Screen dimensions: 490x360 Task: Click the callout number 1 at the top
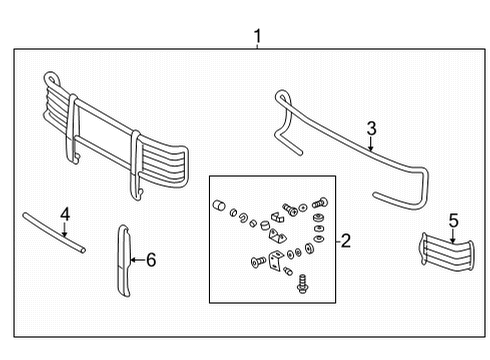(257, 36)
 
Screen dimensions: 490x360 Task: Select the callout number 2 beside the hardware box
(346, 241)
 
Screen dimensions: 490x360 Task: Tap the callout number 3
(372, 129)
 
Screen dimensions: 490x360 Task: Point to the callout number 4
(65, 214)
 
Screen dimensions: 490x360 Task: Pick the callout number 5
(453, 221)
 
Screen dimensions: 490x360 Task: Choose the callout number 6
(151, 260)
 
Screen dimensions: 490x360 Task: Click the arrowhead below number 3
(371, 148)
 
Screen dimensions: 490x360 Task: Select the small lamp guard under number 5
(447, 252)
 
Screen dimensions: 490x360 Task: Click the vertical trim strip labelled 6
(124, 260)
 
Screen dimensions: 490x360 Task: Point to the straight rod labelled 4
(54, 233)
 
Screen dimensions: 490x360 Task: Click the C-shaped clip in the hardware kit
(243, 217)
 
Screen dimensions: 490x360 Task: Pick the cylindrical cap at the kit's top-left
(219, 205)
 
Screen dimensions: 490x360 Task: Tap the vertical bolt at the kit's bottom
(302, 284)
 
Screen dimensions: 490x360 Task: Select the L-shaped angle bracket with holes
(276, 260)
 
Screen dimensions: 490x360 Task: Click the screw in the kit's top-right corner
(320, 202)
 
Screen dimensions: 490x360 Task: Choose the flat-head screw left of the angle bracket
(258, 261)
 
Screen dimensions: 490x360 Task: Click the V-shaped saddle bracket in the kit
(278, 236)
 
